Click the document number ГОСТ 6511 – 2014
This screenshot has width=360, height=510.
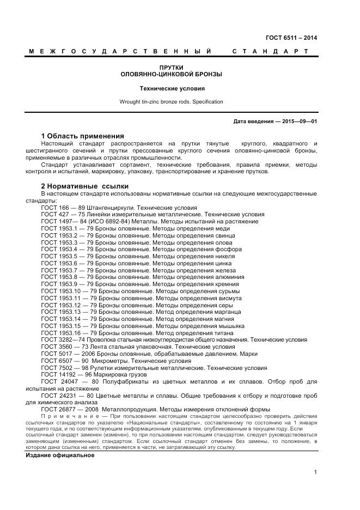(291, 38)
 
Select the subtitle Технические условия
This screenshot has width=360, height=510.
(172, 88)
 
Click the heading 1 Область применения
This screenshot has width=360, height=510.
(82, 136)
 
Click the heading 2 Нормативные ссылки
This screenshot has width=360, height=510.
(81, 186)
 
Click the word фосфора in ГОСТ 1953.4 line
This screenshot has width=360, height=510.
(228, 249)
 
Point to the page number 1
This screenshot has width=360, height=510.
(315, 472)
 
